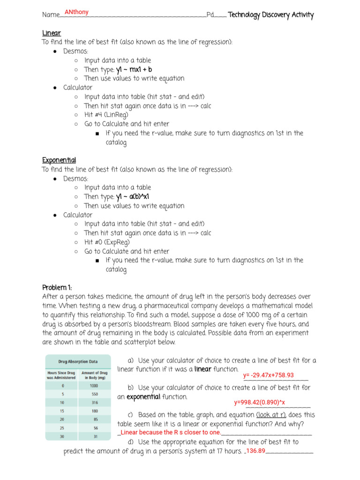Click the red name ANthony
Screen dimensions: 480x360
[x=76, y=12]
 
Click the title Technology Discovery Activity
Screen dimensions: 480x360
[x=270, y=15]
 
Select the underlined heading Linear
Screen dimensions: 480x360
[x=52, y=33]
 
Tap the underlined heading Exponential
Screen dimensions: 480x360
[x=59, y=160]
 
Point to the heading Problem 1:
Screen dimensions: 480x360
[x=57, y=287]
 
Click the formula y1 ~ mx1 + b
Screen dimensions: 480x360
[x=134, y=69]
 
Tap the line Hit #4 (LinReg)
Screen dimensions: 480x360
[x=106, y=115]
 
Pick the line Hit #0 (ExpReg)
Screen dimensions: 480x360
[x=107, y=242]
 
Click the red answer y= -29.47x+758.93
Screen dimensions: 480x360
[x=269, y=375]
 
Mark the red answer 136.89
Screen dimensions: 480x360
[x=255, y=451]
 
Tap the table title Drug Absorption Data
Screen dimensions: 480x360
[x=78, y=362]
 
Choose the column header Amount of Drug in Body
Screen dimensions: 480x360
[x=94, y=375]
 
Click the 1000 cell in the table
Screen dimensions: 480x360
[x=94, y=386]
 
